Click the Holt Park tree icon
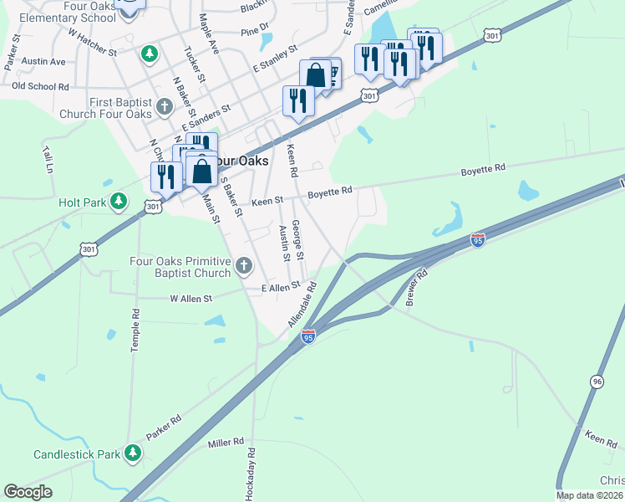119,202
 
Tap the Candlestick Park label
78,454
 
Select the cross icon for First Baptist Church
165,107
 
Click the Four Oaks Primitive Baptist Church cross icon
244,266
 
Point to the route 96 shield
596,382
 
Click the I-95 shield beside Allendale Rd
308,336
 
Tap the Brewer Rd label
416,287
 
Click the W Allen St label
191,298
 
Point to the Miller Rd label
226,441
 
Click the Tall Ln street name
48,158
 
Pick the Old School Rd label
40,86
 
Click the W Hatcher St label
92,42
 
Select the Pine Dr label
250,32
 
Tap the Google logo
28,492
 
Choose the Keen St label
268,200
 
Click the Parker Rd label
164,427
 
